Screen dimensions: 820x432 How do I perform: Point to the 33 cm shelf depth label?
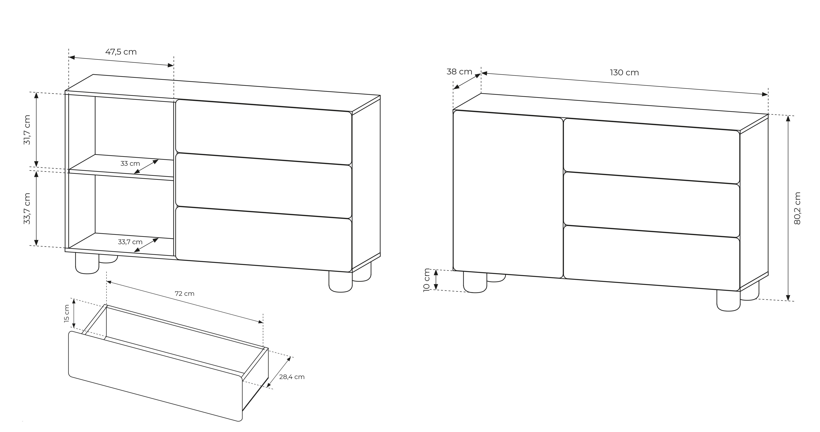(x=130, y=164)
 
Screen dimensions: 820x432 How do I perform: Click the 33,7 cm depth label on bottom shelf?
(x=130, y=242)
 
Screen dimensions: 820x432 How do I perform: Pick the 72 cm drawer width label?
(x=185, y=293)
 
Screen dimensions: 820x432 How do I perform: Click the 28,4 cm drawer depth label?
(x=292, y=377)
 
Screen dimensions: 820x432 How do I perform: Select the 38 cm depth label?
(x=459, y=72)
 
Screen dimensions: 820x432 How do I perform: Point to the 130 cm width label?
(x=624, y=73)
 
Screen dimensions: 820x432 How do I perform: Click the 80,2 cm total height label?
(x=797, y=208)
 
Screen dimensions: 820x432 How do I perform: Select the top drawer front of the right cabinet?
(x=651, y=151)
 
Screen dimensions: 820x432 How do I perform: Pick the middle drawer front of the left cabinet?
(x=264, y=186)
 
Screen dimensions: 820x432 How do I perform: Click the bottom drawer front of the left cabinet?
(x=264, y=240)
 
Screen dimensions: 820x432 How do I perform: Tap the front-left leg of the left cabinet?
(x=87, y=263)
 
